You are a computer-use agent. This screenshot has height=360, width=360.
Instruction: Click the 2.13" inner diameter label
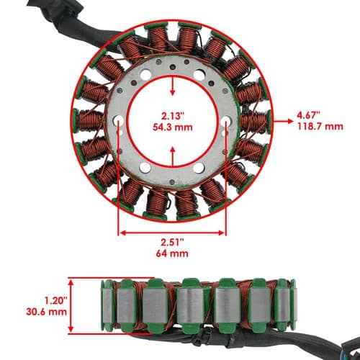pos(173,116)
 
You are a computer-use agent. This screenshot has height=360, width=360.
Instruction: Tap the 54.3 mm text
pos(173,127)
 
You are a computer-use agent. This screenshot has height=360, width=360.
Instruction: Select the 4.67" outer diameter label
pos(309,115)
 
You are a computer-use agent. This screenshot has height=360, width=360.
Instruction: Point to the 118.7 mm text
pos(320,127)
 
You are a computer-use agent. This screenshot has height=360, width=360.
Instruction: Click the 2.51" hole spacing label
pos(172,242)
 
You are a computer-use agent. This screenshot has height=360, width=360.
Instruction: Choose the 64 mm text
pos(172,253)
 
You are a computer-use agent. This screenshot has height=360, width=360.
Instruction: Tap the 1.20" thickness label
pos(55,300)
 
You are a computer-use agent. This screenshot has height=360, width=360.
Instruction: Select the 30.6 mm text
pos(47,312)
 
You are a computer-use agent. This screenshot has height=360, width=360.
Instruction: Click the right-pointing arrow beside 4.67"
pos(284,121)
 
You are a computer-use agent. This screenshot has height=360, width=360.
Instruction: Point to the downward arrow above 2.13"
pos(173,86)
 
